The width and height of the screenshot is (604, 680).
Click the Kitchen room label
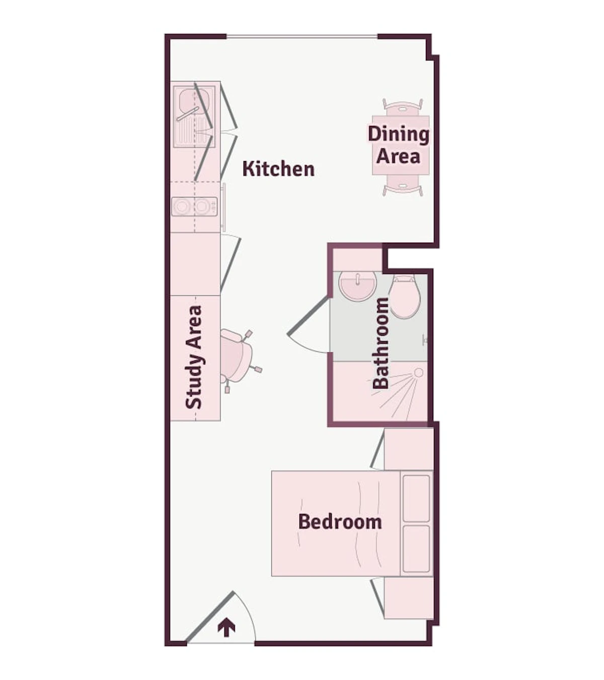coord(278,169)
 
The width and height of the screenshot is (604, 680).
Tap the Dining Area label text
coord(399,144)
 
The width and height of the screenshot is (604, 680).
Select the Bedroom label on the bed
coord(340,521)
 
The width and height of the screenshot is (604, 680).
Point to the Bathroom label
coord(381,343)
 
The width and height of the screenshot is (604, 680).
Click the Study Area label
coord(194,357)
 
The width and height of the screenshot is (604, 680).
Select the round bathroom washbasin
coord(357,285)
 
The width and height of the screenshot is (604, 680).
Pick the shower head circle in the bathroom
coord(419,372)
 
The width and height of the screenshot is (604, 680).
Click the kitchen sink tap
coord(188,114)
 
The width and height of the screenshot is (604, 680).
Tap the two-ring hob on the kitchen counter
coord(194,206)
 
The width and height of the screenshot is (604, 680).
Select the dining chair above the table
coord(403,107)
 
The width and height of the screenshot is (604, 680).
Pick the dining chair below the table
coord(403,186)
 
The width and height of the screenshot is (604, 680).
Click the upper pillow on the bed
coord(416,499)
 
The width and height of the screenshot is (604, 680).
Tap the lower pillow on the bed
coord(416,549)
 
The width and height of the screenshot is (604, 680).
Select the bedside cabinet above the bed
coord(409,449)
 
